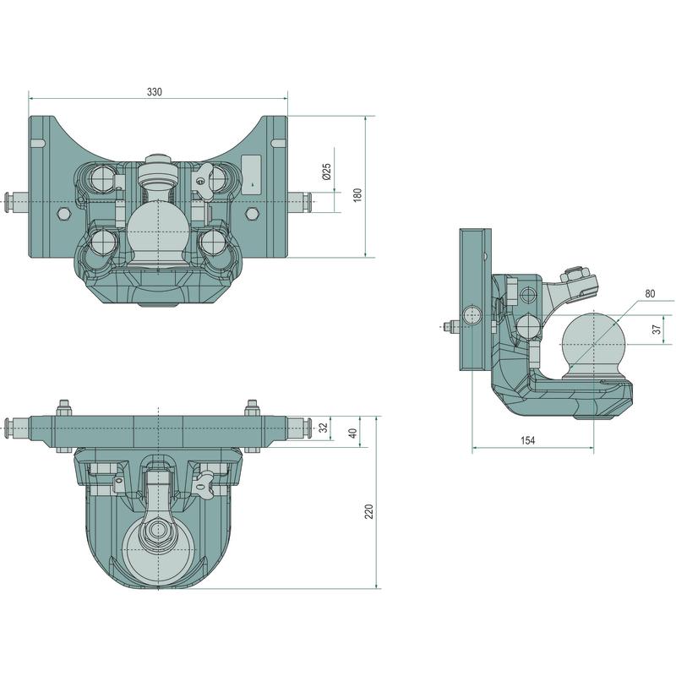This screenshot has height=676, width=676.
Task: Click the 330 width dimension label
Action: tap(155, 92)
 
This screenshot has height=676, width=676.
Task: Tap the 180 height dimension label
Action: tap(357, 195)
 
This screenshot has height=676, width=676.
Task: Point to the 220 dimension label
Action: tap(369, 511)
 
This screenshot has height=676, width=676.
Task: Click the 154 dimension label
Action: tap(527, 440)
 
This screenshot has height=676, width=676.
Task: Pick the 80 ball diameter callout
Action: tap(650, 293)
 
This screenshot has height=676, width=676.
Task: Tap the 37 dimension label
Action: tap(657, 329)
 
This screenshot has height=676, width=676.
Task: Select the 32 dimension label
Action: tap(324, 428)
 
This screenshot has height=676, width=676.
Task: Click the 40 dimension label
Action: tap(353, 433)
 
